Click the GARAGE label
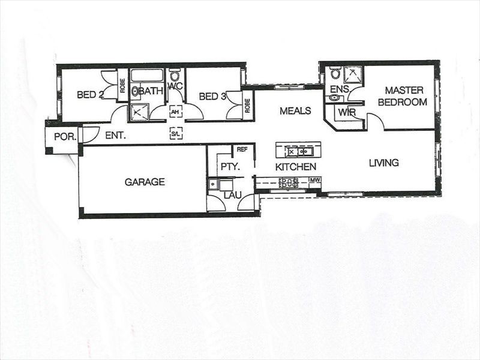[145, 182]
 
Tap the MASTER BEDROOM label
[402, 97]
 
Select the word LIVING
[383, 163]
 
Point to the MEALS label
[295, 110]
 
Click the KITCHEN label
[295, 167]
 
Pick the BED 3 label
[212, 96]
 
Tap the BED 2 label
[91, 94]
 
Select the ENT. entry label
[115, 136]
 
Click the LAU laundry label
[232, 196]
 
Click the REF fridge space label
[242, 149]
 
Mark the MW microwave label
[315, 179]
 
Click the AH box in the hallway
[175, 112]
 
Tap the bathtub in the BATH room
[147, 76]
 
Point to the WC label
[175, 86]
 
